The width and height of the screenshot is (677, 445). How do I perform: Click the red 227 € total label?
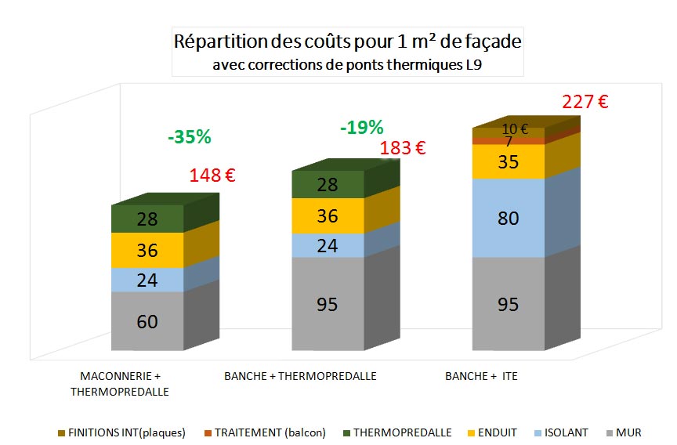585,102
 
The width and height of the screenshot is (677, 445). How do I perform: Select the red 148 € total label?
212,175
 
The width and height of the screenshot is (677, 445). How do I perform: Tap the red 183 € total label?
403,148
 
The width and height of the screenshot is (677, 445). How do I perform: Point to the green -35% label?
190,137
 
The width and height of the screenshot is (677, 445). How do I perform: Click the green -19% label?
362,127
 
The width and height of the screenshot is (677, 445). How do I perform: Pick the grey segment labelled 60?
147,321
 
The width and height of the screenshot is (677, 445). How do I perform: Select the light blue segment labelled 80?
508,218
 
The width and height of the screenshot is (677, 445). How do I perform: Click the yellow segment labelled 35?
508,163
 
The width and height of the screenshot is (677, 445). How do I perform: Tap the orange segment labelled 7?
508,142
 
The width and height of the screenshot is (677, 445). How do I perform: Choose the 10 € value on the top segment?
515,129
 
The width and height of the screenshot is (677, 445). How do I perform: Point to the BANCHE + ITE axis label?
481,376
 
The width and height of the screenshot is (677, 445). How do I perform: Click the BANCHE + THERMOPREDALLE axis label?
300,376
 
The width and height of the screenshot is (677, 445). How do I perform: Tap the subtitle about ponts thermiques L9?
347,65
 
